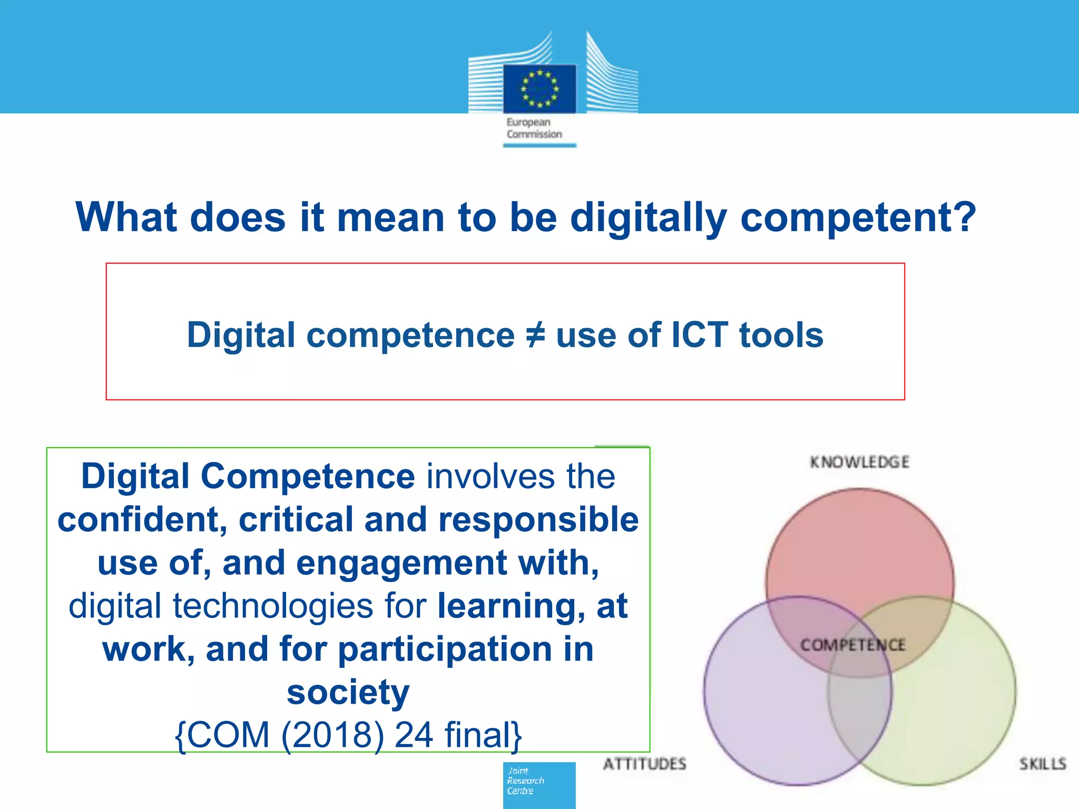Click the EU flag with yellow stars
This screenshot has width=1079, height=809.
click(539, 88)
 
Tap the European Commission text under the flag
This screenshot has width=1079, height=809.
click(534, 128)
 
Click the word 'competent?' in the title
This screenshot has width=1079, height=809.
click(858, 217)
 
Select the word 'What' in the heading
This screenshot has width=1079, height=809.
click(126, 217)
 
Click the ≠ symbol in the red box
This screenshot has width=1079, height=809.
click(535, 336)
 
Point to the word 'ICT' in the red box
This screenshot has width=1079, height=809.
click(699, 335)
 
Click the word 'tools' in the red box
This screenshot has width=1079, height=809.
click(781, 335)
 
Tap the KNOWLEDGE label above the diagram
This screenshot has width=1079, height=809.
click(859, 462)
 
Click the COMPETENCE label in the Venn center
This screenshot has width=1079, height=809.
click(852, 645)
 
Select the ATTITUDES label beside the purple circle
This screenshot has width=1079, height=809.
click(644, 764)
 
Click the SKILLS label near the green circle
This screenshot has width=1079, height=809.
click(1042, 764)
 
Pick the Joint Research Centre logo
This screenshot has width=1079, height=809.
click(539, 784)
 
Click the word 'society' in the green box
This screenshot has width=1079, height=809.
click(348, 692)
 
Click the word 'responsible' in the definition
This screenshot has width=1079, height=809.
click(538, 520)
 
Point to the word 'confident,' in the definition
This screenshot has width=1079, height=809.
click(142, 520)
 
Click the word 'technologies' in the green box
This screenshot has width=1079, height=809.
click(273, 606)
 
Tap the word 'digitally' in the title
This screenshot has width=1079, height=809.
click(649, 217)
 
